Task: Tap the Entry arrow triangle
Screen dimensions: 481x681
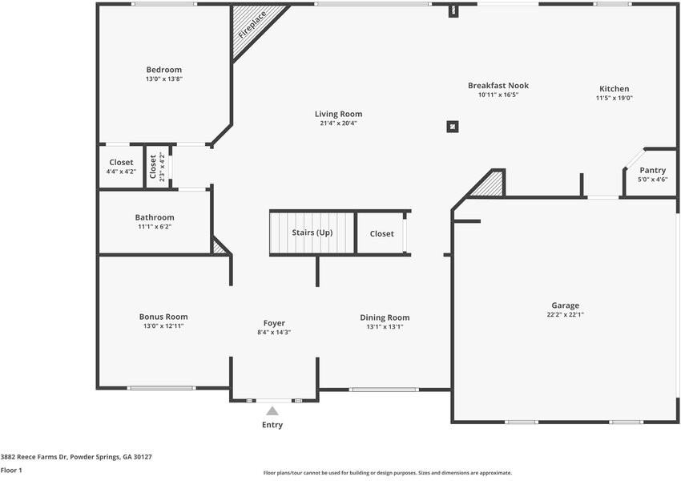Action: tap(272, 410)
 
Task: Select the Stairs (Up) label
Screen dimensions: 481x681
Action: tap(312, 233)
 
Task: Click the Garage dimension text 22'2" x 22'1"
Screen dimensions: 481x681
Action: tap(565, 315)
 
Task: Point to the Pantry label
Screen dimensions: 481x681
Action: tap(651, 170)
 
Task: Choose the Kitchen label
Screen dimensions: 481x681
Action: tap(615, 89)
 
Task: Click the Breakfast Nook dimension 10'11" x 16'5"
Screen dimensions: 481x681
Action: tap(498, 95)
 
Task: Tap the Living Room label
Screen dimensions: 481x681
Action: tap(338, 114)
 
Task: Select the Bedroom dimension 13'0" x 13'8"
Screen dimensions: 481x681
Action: tap(163, 79)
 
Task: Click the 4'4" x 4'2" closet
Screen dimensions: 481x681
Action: tap(121, 167)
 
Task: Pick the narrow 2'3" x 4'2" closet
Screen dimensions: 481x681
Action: tap(157, 167)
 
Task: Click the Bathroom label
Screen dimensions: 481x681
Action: tap(154, 217)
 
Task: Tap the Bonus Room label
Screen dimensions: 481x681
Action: tap(163, 317)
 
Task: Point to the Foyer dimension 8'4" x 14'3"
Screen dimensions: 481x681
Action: tap(274, 332)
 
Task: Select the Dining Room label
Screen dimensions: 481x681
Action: tap(385, 317)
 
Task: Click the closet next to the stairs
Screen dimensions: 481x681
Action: tap(381, 234)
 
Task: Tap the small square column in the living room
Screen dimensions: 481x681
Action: tap(453, 126)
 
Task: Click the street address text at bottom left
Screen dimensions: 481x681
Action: tap(76, 456)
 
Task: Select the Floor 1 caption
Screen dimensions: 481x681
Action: tap(11, 470)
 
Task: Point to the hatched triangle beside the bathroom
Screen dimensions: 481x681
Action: tap(219, 248)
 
